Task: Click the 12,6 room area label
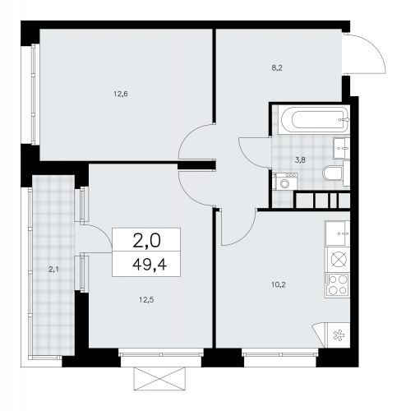point(121,95)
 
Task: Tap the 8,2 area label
point(277,68)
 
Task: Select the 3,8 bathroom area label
point(300,160)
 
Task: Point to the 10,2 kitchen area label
point(279,285)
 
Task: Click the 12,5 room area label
point(146,300)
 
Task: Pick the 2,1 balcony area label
point(53,270)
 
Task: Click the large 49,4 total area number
point(150,265)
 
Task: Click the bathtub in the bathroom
point(314,120)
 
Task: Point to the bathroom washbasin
point(341,148)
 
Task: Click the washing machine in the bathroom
point(285,182)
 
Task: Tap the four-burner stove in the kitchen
point(338,285)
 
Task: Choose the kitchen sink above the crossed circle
point(338,233)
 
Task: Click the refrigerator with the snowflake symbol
point(339,335)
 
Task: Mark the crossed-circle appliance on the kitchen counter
point(339,259)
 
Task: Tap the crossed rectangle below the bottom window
point(159,379)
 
